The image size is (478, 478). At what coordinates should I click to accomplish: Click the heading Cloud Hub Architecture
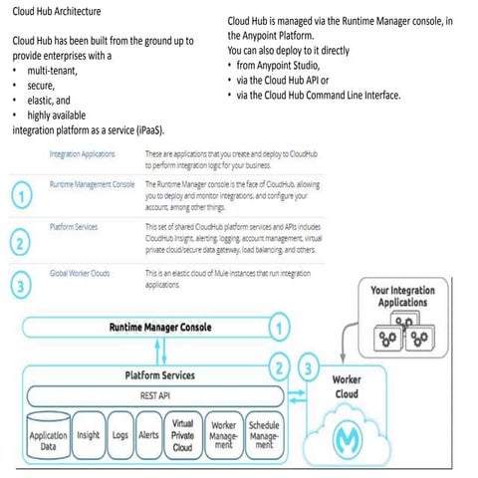pos(56,11)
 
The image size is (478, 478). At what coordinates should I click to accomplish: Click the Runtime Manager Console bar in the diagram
pos(159,327)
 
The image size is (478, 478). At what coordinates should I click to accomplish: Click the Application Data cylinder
pos(48,440)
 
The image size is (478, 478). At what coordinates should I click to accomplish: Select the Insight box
pos(88,435)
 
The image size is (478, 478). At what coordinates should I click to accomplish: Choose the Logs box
pos(120,435)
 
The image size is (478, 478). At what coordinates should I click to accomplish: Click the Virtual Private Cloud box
pos(182,435)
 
